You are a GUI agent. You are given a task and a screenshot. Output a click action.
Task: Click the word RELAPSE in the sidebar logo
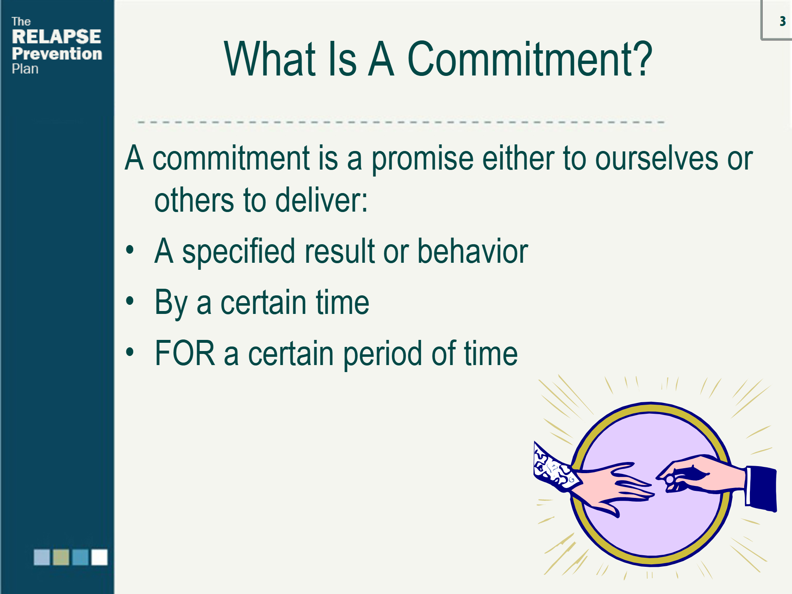pos(56,37)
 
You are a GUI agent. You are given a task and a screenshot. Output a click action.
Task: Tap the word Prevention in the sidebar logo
pos(57,54)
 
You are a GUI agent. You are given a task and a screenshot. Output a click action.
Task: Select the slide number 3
pos(783,21)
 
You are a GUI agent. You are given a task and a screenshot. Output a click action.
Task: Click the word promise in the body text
pos(422,159)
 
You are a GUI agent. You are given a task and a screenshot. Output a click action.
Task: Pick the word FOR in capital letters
pos(185,353)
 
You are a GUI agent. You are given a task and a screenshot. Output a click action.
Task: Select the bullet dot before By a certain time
pos(130,301)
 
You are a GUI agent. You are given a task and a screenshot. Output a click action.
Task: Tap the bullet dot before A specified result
pos(130,250)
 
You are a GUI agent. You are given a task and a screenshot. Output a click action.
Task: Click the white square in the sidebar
pos(99,557)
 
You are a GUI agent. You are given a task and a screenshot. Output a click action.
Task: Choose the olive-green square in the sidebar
pos(61,557)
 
